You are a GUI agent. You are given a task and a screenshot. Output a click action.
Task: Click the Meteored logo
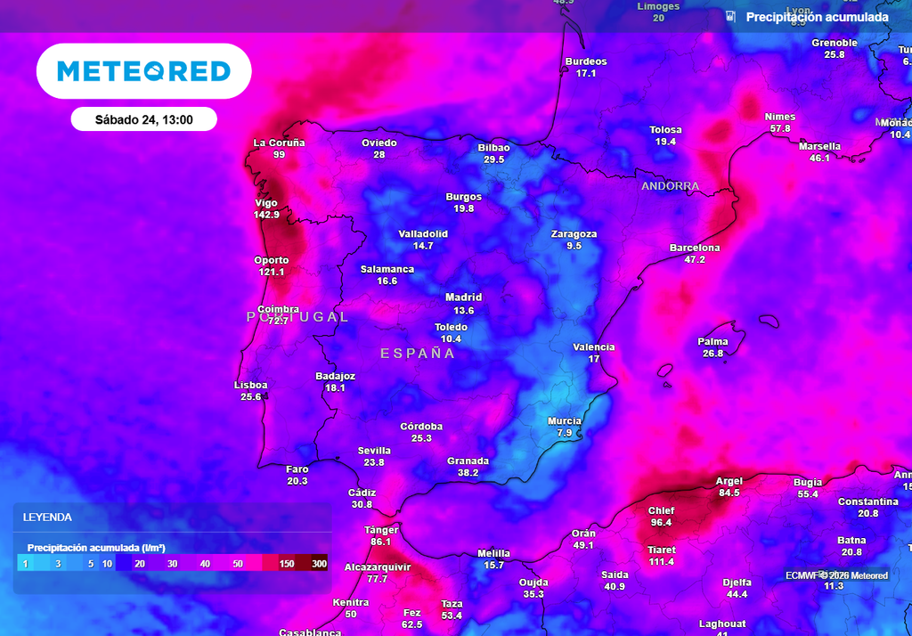tap(143, 71)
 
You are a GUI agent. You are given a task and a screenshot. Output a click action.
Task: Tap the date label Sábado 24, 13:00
tap(143, 118)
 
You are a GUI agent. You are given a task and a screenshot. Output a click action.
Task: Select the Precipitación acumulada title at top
tap(817, 17)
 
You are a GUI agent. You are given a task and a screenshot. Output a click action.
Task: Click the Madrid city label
tap(463, 298)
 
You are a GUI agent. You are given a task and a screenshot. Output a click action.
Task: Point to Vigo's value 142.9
tap(266, 215)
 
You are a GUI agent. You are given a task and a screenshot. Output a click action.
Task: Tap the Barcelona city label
tap(695, 248)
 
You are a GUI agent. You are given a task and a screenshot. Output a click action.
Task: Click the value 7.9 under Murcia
tap(564, 433)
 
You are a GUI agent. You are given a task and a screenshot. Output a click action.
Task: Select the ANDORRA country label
tap(670, 186)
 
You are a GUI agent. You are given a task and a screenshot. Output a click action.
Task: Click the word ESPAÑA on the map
tap(418, 354)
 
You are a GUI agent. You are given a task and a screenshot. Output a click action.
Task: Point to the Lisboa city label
tap(250, 385)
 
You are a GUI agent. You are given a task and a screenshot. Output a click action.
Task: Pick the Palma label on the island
tap(712, 341)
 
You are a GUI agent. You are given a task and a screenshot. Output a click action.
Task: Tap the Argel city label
tap(729, 481)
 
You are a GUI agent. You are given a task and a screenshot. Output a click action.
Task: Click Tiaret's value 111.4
tap(662, 562)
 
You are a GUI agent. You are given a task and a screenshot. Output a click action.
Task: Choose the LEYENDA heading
tap(47, 517)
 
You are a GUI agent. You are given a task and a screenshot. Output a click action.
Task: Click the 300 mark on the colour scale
tap(320, 564)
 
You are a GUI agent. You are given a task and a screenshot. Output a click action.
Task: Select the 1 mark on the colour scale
tap(26, 564)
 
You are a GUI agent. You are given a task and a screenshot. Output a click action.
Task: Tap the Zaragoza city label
tap(574, 234)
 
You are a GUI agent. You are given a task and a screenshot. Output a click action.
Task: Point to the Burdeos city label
tap(586, 61)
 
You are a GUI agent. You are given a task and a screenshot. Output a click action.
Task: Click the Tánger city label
tap(381, 530)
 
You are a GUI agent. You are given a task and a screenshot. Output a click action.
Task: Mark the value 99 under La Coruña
tap(279, 155)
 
